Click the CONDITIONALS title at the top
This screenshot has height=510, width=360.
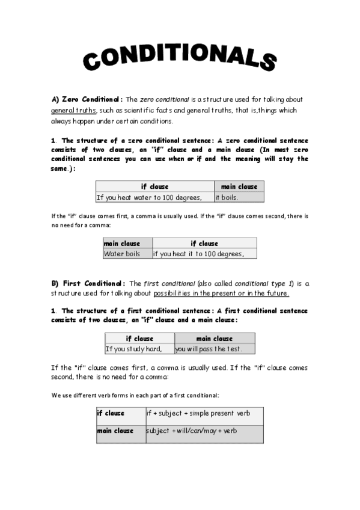click(x=180, y=58)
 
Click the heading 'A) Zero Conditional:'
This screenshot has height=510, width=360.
click(x=87, y=99)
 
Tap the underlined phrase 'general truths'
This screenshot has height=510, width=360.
click(x=73, y=111)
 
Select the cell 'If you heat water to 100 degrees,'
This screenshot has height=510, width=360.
click(x=153, y=197)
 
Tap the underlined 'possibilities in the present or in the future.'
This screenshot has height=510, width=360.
click(x=221, y=293)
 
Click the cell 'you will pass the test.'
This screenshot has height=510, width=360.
click(x=214, y=349)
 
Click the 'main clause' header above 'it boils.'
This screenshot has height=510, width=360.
click(x=239, y=186)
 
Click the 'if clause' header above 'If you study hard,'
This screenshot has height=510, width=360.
click(x=139, y=339)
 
